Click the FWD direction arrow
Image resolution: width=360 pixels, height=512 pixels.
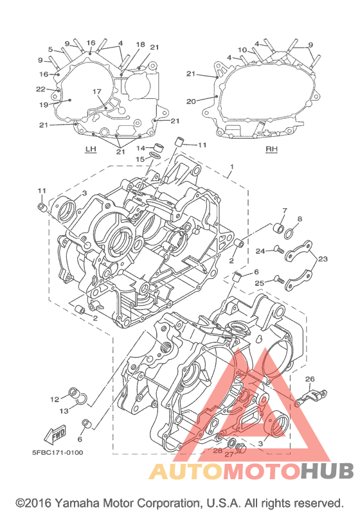pyautogui.click(x=55, y=434)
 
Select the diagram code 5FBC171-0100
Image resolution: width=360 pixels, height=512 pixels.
pyautogui.click(x=57, y=452)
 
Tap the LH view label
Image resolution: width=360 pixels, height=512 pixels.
pyautogui.click(x=91, y=149)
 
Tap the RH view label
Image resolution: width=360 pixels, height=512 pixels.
pyautogui.click(x=271, y=149)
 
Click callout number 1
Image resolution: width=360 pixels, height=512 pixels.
pyautogui.click(x=231, y=167)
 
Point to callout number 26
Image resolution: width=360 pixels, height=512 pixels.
pyautogui.click(x=310, y=379)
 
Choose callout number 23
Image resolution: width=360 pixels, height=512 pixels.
pyautogui.click(x=323, y=259)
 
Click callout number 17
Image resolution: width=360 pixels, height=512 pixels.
pyautogui.click(x=97, y=92)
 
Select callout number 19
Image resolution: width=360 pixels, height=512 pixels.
pyautogui.click(x=44, y=105)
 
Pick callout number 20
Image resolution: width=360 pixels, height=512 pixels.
pyautogui.click(x=191, y=102)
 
